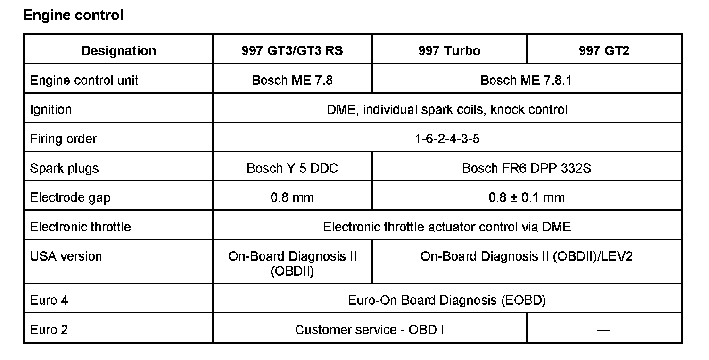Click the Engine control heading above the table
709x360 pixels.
point(73,16)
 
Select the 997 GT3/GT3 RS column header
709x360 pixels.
point(292,51)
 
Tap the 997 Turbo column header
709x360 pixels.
point(449,51)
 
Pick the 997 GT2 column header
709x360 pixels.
point(604,51)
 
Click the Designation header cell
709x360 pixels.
point(118,51)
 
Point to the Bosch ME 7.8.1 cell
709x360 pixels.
point(526,80)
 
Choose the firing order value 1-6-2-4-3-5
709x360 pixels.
point(447,139)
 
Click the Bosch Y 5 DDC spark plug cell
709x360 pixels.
point(292,168)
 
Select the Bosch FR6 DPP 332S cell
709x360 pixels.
point(526,168)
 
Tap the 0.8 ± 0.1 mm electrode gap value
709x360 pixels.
point(527,197)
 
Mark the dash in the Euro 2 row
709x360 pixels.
point(604,330)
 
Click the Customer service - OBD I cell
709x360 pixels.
point(370,330)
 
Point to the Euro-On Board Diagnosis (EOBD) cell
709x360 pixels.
point(447,300)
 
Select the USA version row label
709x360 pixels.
point(66,256)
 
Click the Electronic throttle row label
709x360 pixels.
point(80,227)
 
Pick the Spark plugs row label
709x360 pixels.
point(64,168)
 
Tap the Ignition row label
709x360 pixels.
point(51,110)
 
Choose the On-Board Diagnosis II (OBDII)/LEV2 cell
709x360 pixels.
point(527,256)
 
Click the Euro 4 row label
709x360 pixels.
point(49,300)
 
